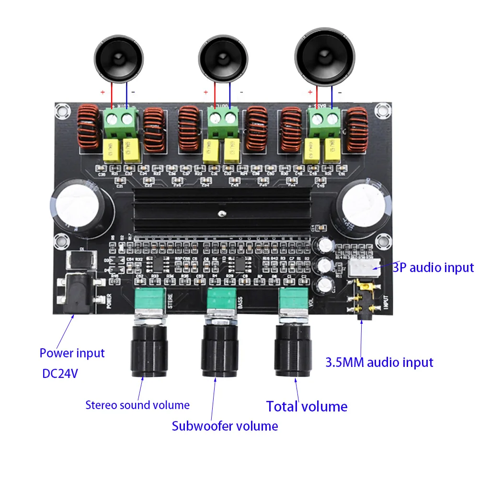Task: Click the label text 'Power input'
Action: tap(72, 354)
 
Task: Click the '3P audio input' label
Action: tap(433, 267)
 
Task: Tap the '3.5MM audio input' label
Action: tap(379, 362)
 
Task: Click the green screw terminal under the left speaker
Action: tap(120, 121)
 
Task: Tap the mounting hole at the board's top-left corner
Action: tap(60, 111)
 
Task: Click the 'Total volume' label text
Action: tap(307, 407)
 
